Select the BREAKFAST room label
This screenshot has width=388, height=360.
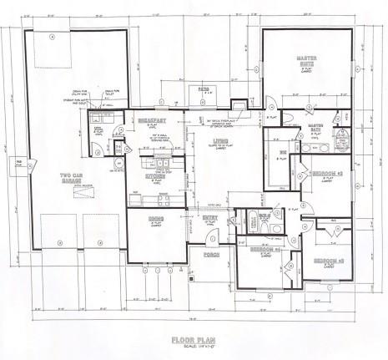coord(153,122)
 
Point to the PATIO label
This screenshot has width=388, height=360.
coord(206,87)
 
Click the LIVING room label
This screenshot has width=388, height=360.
coord(220,141)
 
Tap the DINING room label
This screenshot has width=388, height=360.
coord(156,218)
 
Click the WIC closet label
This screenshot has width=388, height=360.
coord(282,151)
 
